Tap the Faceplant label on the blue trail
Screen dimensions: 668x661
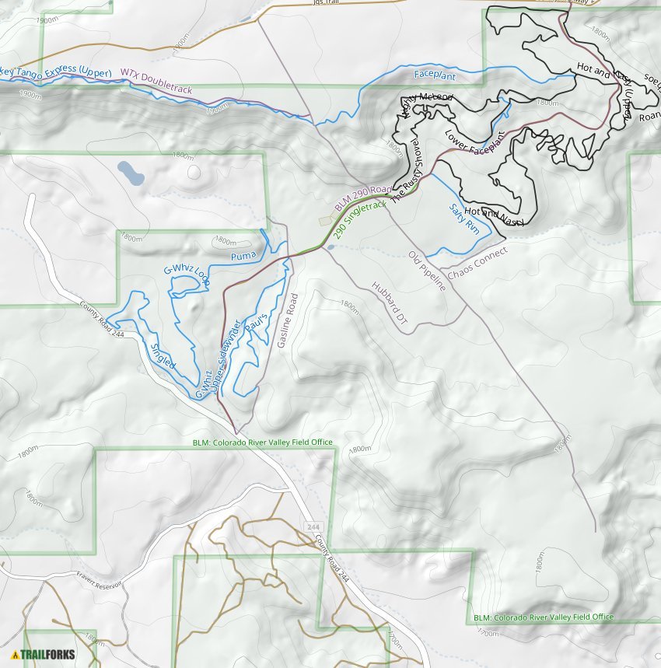(434, 75)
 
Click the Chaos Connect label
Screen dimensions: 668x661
(477, 264)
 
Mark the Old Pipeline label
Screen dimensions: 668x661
(427, 271)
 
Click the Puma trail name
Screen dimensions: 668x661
(243, 255)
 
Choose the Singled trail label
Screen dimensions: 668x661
(163, 355)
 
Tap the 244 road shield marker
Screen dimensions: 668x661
(313, 526)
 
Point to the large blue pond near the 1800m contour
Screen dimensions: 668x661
(130, 173)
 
